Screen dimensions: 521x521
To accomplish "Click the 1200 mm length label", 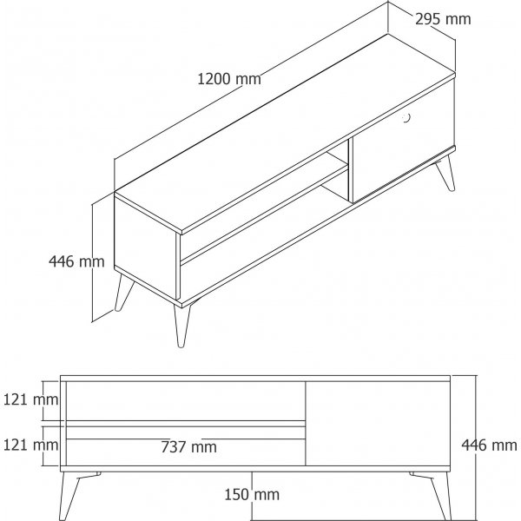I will click(x=229, y=79).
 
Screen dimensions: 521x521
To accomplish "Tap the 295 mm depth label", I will click(x=445, y=18).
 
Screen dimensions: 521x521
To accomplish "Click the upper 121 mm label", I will click(x=30, y=400).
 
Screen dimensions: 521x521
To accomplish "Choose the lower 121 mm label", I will click(x=30, y=445).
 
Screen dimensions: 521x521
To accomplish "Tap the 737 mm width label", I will click(x=188, y=447).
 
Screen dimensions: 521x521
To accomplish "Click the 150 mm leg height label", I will click(x=251, y=495).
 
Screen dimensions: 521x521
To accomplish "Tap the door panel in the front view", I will click(x=378, y=425).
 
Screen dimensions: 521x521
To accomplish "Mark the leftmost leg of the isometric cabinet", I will click(x=122, y=293).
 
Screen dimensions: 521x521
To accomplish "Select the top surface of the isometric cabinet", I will click(x=287, y=130).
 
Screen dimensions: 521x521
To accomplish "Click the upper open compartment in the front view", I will click(x=185, y=400).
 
